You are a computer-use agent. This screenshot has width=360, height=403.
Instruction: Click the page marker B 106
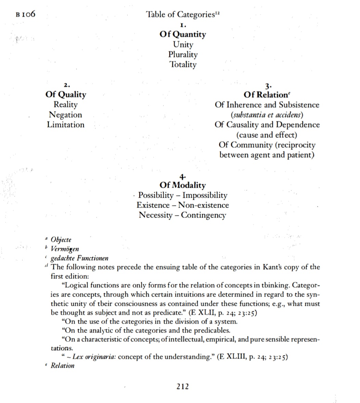tap(26, 15)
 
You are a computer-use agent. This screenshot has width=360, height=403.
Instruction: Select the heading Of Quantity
tap(183, 35)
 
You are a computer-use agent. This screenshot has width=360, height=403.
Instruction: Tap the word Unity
tap(183, 44)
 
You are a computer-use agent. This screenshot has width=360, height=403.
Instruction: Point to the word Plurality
tap(183, 54)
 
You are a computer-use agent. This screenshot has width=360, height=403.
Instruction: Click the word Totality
tap(183, 64)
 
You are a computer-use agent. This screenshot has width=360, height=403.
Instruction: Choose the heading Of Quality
tap(66, 95)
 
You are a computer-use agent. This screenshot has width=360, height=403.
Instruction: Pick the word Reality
tap(66, 105)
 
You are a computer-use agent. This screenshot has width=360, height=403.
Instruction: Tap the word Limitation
tap(66, 125)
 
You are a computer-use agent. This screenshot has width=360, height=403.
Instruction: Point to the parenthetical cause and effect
tap(267, 135)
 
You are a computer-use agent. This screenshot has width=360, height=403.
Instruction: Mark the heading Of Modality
tap(183, 185)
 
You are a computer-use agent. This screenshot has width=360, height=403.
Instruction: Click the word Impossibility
tap(205, 195)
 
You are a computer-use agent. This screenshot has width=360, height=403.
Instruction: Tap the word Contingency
tap(203, 215)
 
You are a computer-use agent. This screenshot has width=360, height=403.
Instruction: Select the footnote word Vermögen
tap(65, 249)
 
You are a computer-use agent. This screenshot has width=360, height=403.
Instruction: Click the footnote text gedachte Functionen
tap(79, 258)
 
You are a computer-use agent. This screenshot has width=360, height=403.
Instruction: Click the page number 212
tap(182, 387)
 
